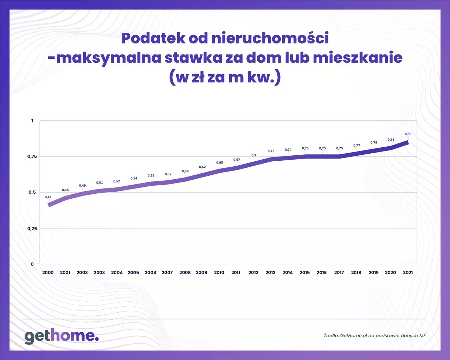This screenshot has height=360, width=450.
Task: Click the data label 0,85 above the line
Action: click(408, 134)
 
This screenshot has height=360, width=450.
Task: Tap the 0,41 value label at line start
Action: click(48, 197)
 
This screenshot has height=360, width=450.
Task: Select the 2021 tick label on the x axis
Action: click(408, 272)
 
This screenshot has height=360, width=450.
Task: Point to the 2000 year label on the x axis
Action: click(48, 272)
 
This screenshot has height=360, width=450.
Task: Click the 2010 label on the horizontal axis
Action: click(219, 272)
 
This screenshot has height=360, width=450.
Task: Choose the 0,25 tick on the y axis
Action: click(32, 229)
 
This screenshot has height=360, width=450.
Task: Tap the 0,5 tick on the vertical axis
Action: click(32, 192)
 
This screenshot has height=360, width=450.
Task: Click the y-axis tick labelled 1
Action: click(32, 121)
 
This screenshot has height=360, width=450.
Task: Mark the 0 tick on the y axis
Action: click(32, 264)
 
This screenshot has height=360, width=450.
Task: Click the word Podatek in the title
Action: click(153, 38)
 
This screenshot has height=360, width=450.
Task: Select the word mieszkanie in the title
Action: click(358, 58)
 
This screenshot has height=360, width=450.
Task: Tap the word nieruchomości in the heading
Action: click(270, 38)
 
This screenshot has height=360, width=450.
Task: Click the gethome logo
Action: click(62, 336)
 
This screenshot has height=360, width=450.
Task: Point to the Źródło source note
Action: click(374, 335)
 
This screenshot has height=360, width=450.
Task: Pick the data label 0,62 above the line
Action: click(202, 167)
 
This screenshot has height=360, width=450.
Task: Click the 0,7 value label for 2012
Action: click(254, 155)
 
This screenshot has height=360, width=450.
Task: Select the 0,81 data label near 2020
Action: click(391, 140)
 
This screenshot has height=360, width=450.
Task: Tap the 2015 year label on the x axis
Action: click(305, 272)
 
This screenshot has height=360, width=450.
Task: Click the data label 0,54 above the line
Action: click(134, 179)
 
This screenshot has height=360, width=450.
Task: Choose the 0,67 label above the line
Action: click(237, 160)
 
